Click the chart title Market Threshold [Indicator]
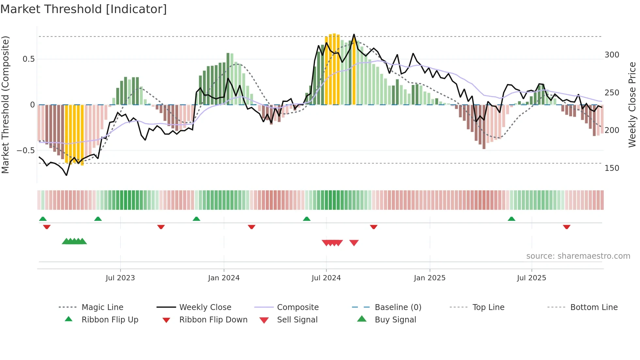pyautogui.click(x=84, y=9)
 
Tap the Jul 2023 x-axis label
pyautogui.click(x=120, y=278)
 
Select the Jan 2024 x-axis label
pyautogui.click(x=224, y=278)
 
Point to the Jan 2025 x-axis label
pyautogui.click(x=429, y=278)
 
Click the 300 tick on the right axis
pyautogui.click(x=612, y=55)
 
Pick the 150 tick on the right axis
pyautogui.click(x=612, y=168)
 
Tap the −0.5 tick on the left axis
pyautogui.click(x=25, y=151)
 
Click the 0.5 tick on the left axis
pyautogui.click(x=28, y=59)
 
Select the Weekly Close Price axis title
pyautogui.click(x=632, y=105)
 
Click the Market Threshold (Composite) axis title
pyautogui.click(x=5, y=105)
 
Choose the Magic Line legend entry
pyautogui.click(x=102, y=307)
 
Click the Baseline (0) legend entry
pyautogui.click(x=398, y=307)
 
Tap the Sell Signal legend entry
pyautogui.click(x=297, y=320)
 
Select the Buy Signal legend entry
pyautogui.click(x=395, y=320)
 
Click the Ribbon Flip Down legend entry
pyautogui.click(x=213, y=320)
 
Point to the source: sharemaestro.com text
pyautogui.click(x=578, y=256)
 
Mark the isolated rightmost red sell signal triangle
pyautogui.click(x=354, y=243)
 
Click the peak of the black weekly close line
pyautogui.click(x=354, y=34)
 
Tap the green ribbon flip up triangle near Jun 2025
pyautogui.click(x=511, y=219)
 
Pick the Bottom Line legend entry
pyautogui.click(x=594, y=307)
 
